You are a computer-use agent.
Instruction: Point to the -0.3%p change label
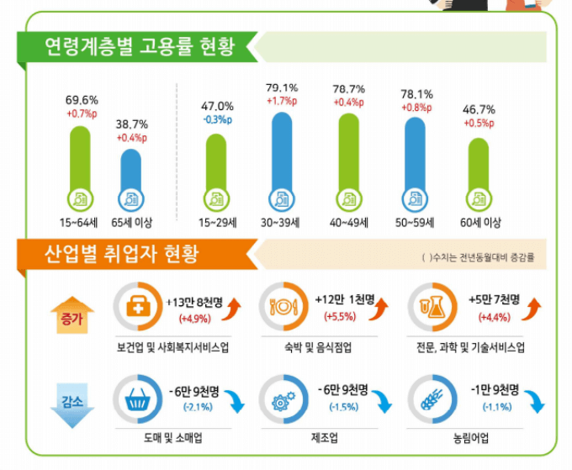point(217,119)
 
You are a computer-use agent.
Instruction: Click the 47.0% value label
point(217,106)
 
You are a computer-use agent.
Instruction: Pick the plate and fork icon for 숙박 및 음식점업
point(282,308)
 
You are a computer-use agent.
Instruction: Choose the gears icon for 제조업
point(282,399)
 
